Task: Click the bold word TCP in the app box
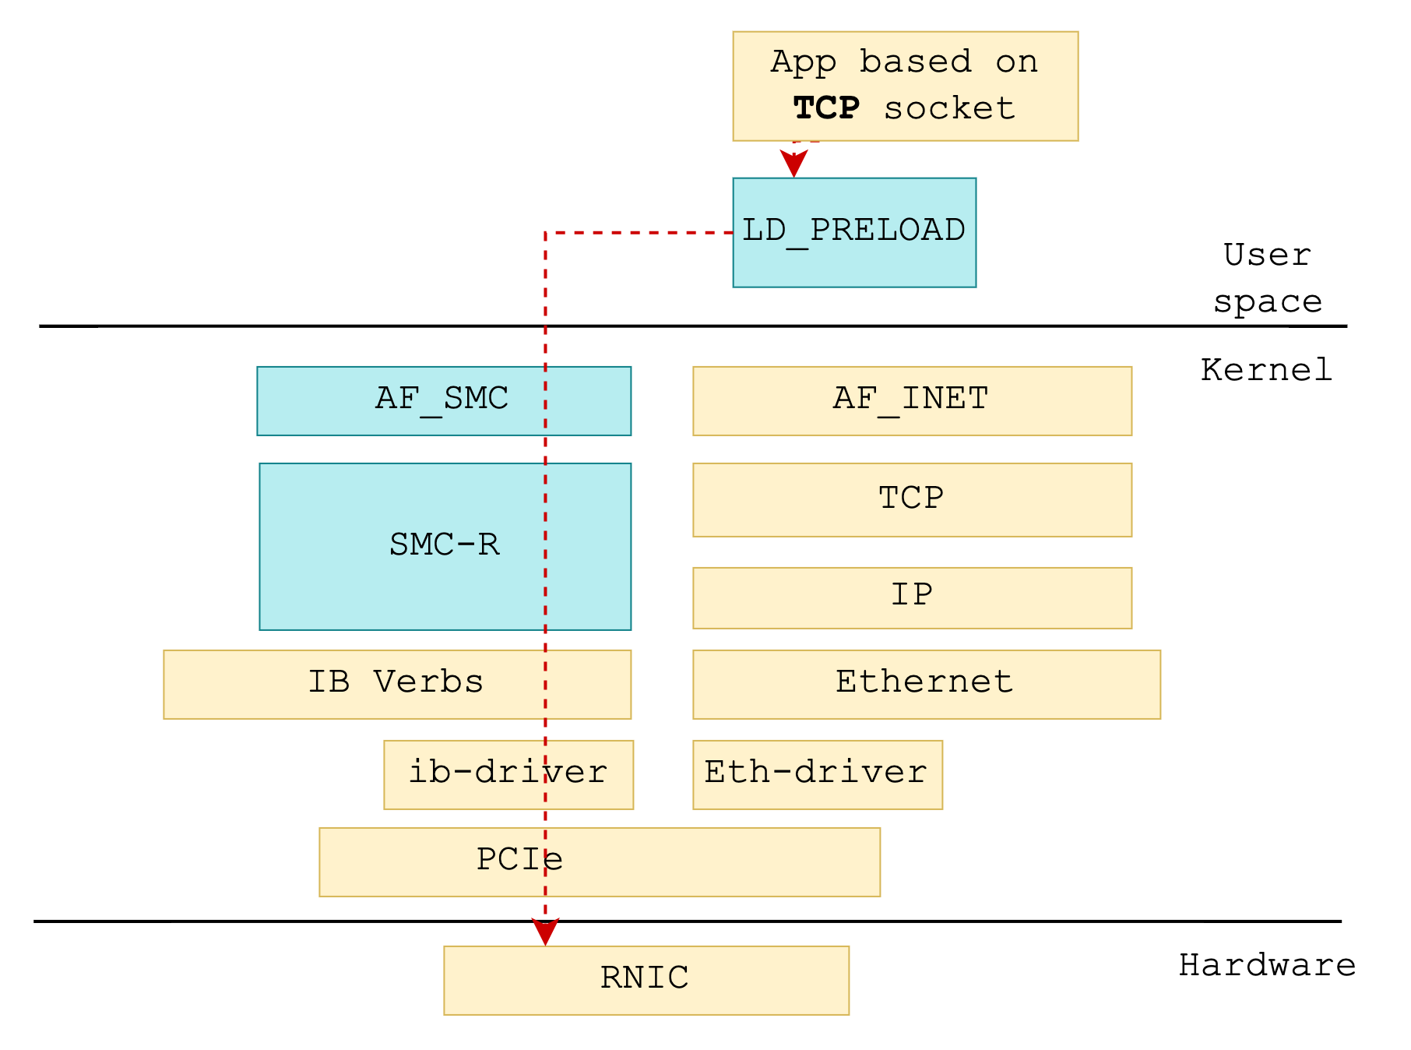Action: coord(826,108)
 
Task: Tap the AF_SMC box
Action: coord(443,400)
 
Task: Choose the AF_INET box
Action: coord(912,400)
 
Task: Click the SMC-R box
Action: coord(445,546)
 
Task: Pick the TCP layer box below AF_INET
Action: coord(912,499)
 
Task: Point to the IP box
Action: coord(912,597)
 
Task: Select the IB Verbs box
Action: coord(396,684)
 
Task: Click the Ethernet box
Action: coord(926,684)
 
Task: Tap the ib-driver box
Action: coord(508,774)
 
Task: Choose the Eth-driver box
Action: coord(817,774)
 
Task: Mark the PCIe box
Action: coord(599,861)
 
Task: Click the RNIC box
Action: coord(646,980)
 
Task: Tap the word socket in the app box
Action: coord(949,108)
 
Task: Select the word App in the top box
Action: coord(804,62)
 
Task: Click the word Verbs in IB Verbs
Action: coord(428,682)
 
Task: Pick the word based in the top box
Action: coord(916,62)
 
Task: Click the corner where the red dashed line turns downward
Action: coord(545,232)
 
